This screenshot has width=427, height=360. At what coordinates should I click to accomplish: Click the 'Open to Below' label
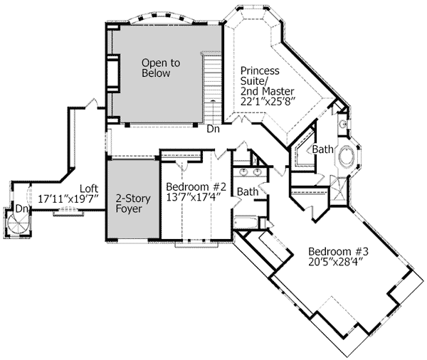(x=160, y=68)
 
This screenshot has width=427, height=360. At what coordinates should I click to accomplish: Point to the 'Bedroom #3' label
(x=337, y=251)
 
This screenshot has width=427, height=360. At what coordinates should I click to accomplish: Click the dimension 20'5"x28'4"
(x=337, y=261)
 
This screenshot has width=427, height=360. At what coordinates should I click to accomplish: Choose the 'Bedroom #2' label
(x=196, y=187)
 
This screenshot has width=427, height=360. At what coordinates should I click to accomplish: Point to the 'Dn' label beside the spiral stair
(x=22, y=208)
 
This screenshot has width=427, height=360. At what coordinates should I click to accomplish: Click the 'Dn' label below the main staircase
(x=213, y=131)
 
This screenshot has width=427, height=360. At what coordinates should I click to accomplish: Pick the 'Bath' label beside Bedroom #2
(x=248, y=191)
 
